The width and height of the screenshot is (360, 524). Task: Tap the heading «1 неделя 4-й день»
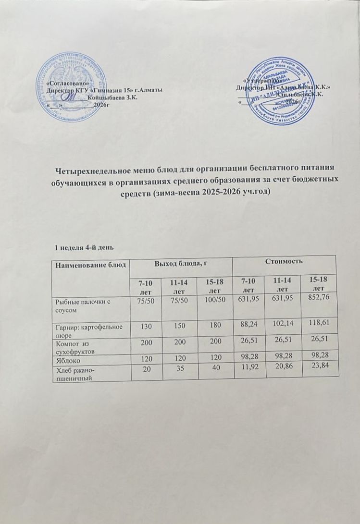(x=84, y=247)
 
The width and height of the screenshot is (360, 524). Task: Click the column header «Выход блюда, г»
(x=183, y=262)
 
